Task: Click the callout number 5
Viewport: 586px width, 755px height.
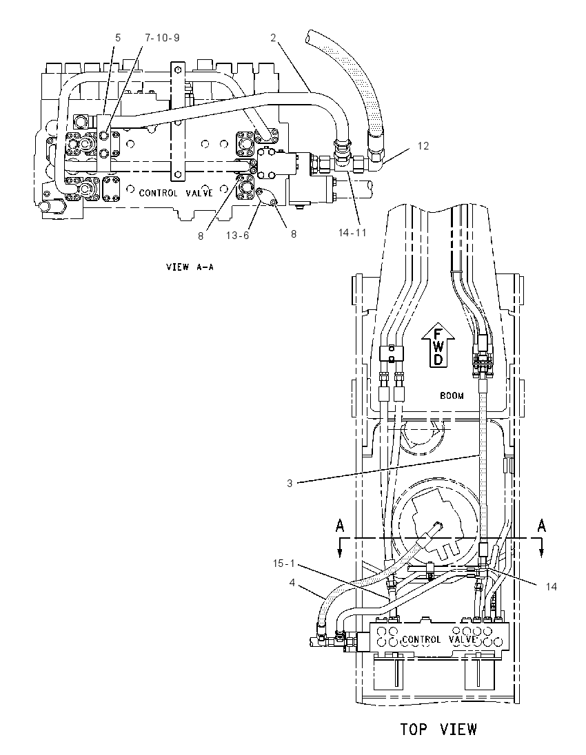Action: point(118,38)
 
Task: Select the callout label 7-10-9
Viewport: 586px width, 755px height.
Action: point(161,38)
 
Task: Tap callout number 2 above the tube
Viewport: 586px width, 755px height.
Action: point(273,38)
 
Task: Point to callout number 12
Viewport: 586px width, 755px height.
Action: point(423,145)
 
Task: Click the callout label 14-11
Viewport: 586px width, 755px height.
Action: point(352,233)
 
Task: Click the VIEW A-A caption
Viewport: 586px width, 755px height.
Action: point(190,267)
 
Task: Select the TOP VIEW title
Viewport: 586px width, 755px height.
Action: point(438,729)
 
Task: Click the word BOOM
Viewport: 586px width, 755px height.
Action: point(452,396)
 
